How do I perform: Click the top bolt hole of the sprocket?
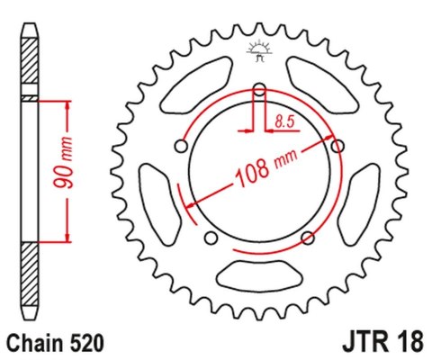coord(259,89)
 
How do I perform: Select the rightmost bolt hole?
coord(337,146)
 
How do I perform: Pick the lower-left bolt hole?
coord(211,238)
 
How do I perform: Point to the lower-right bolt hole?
coord(308,238)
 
